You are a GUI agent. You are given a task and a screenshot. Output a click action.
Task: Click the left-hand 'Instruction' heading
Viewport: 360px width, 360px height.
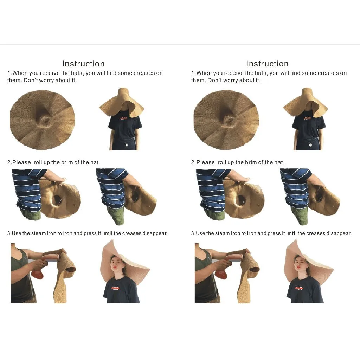[83, 64]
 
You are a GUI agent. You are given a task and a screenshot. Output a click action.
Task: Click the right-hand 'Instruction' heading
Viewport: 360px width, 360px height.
[267, 64]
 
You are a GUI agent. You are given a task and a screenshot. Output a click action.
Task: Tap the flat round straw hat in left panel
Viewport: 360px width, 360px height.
[43, 120]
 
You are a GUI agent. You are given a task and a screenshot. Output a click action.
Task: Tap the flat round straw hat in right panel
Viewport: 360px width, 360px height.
[226, 120]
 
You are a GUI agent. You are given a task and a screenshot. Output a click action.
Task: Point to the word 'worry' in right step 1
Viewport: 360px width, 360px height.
[231, 81]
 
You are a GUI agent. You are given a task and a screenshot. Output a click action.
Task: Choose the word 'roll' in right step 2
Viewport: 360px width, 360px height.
[222, 162]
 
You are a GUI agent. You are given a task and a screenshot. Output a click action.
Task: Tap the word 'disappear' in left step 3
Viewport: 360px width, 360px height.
[155, 233]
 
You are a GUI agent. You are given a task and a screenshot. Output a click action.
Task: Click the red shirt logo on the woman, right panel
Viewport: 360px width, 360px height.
[299, 288]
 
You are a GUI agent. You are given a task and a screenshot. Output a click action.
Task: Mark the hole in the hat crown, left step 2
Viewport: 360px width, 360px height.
[57, 200]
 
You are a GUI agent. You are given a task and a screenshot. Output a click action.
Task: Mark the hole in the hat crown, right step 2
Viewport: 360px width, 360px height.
[241, 200]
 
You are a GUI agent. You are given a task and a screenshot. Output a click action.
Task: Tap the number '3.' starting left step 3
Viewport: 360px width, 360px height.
[9, 233]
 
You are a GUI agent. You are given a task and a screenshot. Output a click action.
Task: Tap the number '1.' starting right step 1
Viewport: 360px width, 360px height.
[193, 73]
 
